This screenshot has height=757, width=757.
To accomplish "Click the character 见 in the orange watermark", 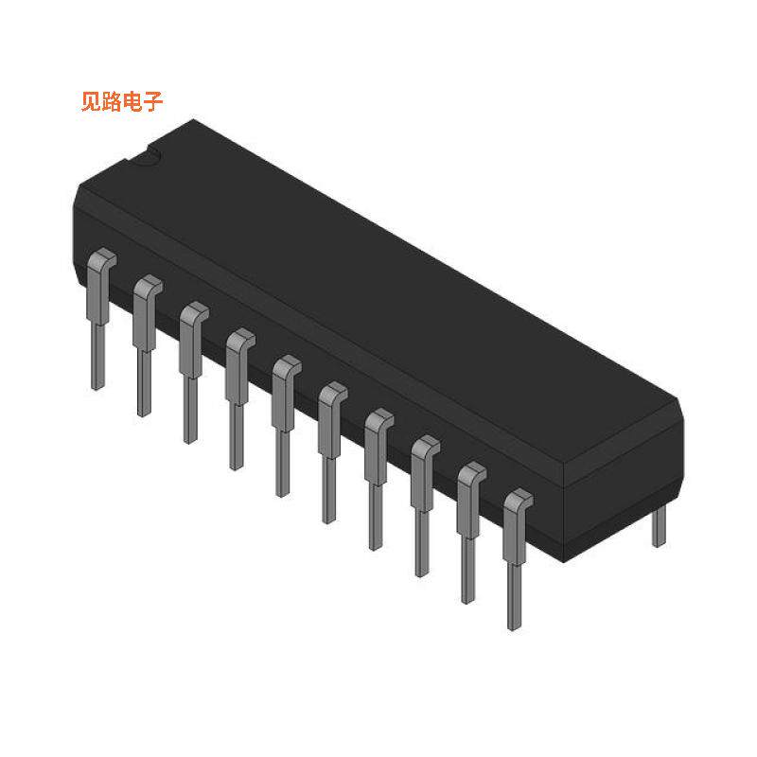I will pyautogui.click(x=92, y=102).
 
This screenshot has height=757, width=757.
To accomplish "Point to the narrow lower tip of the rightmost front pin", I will pyautogui.click(x=514, y=606).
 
